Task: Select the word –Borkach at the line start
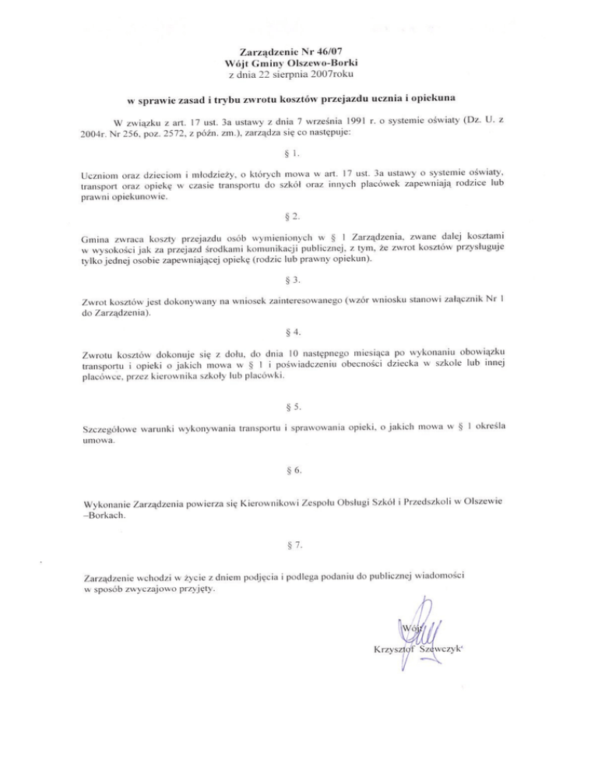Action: pyautogui.click(x=104, y=517)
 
